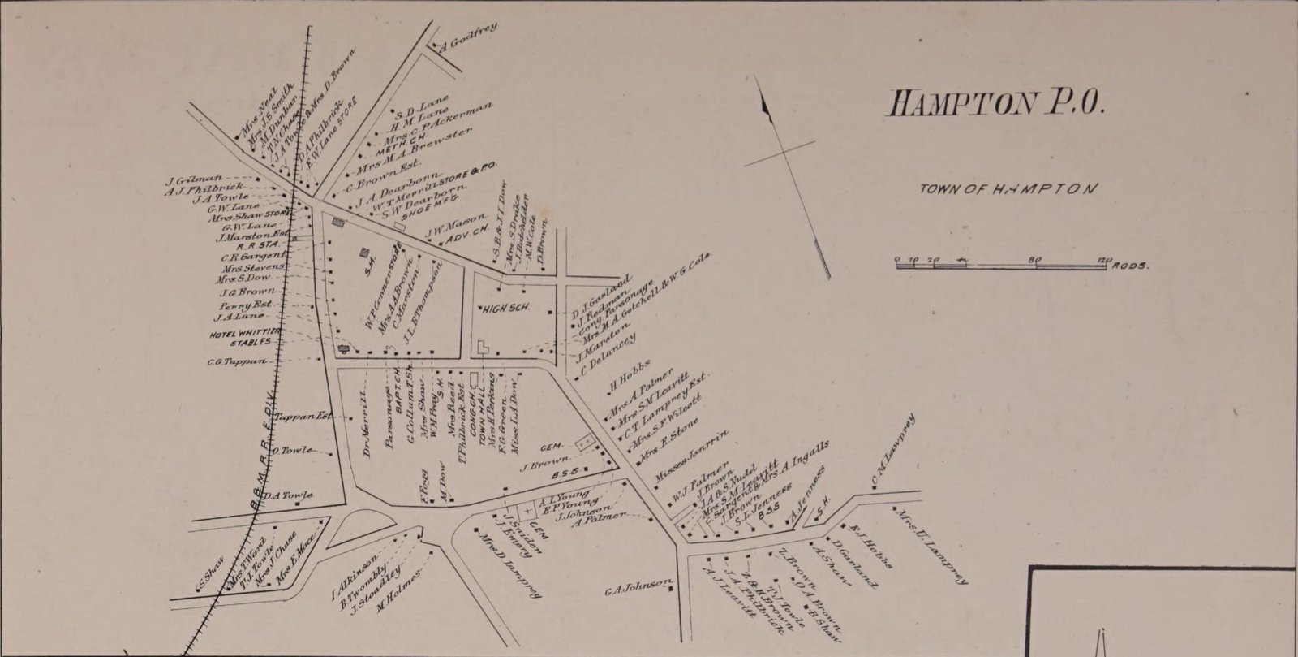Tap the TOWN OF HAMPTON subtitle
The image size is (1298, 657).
point(1008,188)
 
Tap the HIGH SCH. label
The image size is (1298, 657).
point(505,309)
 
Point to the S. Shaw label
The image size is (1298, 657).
point(210,574)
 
